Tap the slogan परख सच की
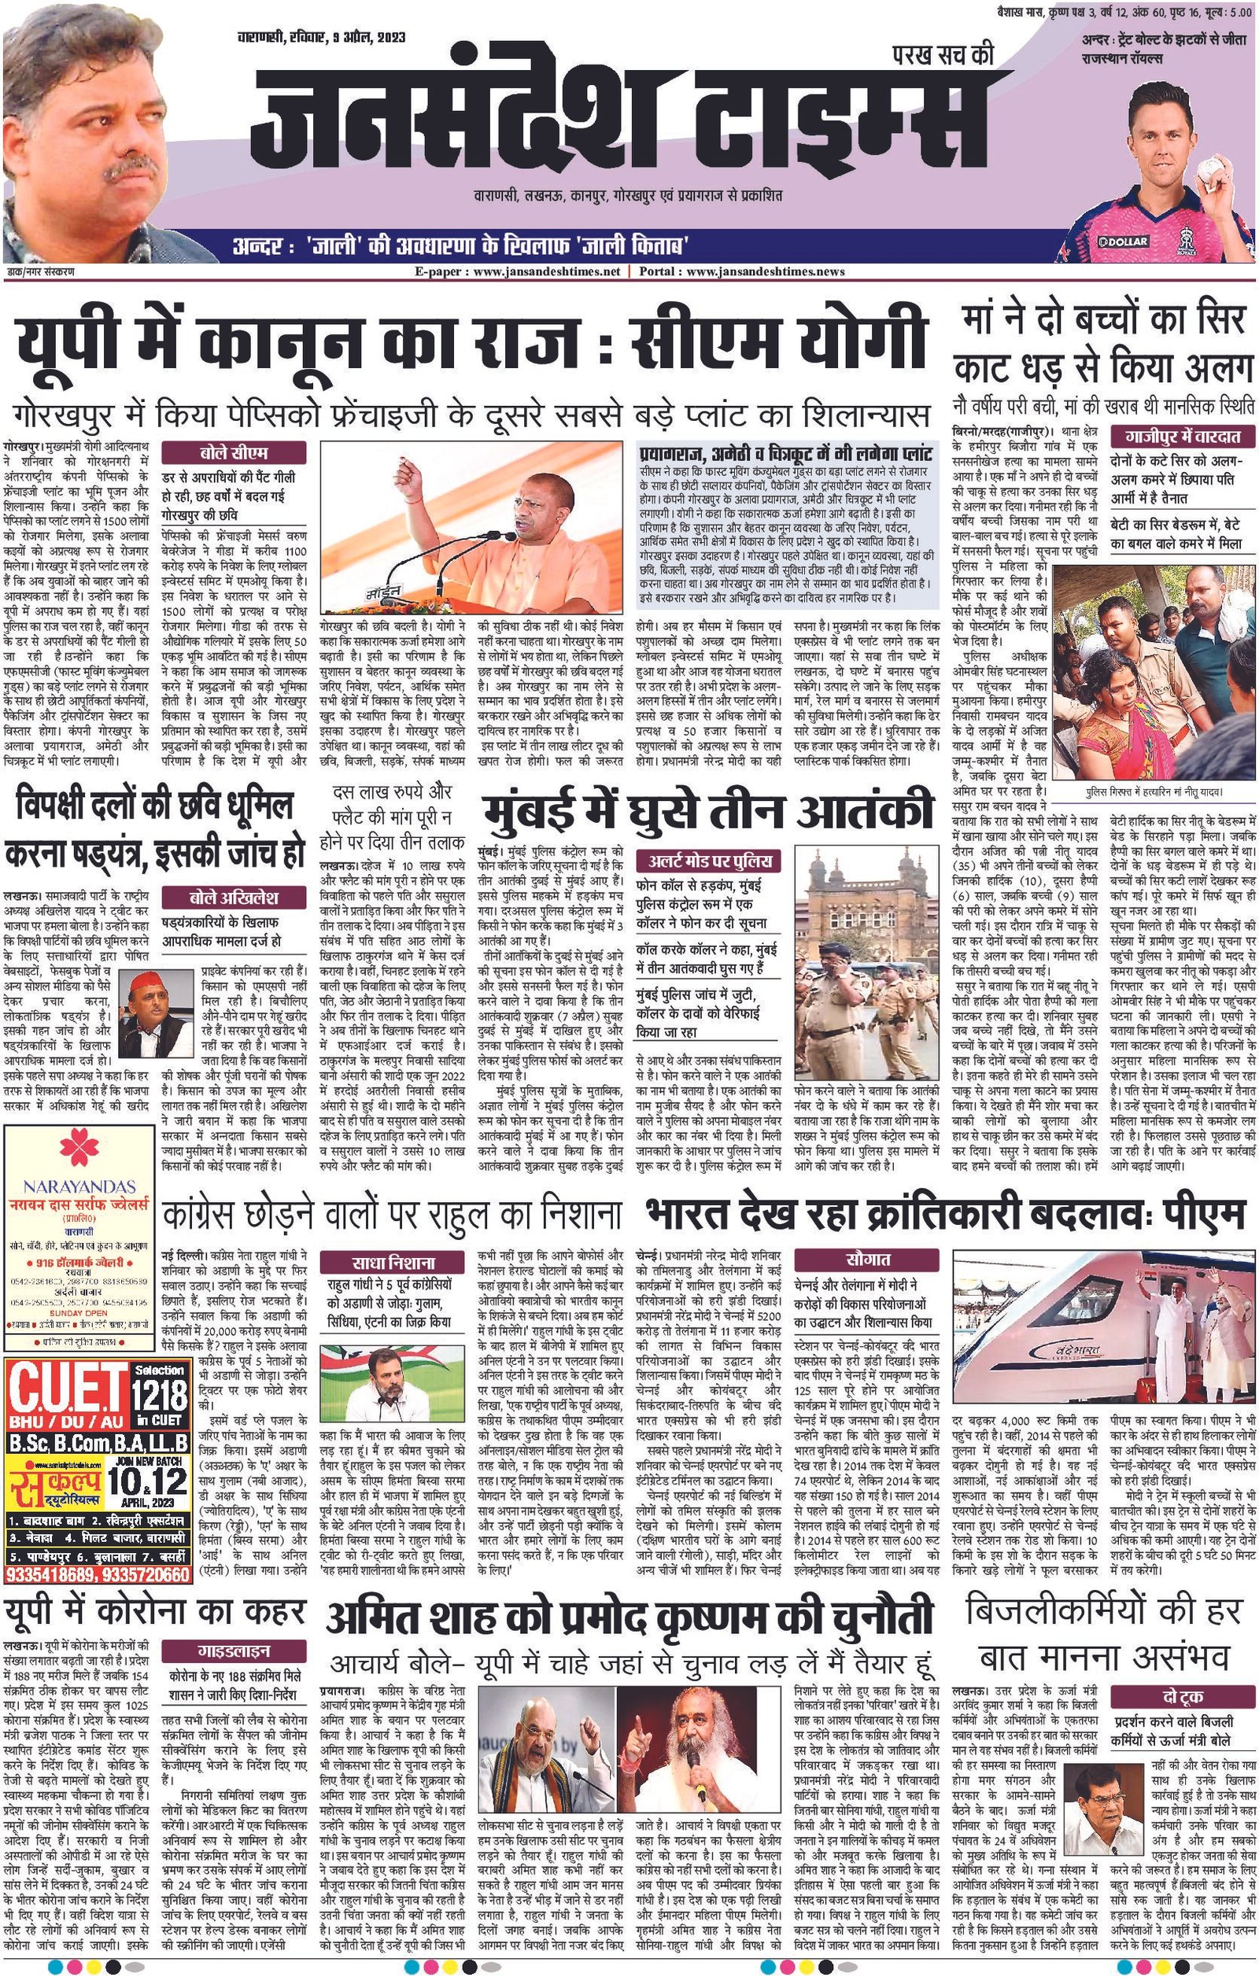943,54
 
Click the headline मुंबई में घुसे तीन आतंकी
707,810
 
